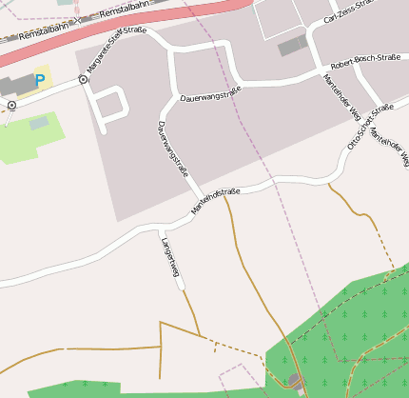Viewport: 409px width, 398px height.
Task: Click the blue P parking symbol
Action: pos(40,82)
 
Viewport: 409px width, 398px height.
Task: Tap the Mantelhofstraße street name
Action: pos(216,201)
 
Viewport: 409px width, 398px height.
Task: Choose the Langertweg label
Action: pos(170,256)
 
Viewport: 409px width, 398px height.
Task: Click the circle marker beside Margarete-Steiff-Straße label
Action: pos(84,80)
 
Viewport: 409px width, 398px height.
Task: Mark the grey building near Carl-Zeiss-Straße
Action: pos(293,45)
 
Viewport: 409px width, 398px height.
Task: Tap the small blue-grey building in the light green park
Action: pos(39,123)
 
